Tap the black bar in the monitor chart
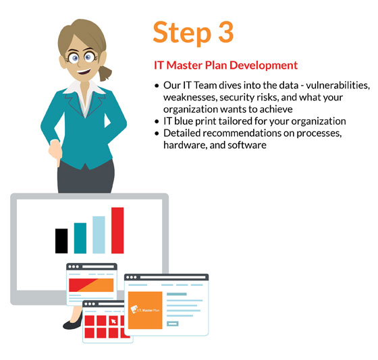point(61,241)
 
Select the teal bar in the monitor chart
point(80,237)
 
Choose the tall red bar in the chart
point(117,230)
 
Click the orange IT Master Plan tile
point(145,310)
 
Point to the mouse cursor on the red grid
point(114,320)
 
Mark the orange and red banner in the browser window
point(90,285)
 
